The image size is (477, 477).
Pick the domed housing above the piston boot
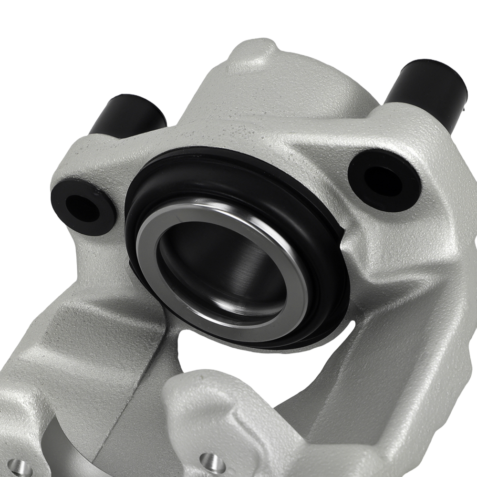tap(267, 105)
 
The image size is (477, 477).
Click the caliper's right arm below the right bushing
tap(405, 296)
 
